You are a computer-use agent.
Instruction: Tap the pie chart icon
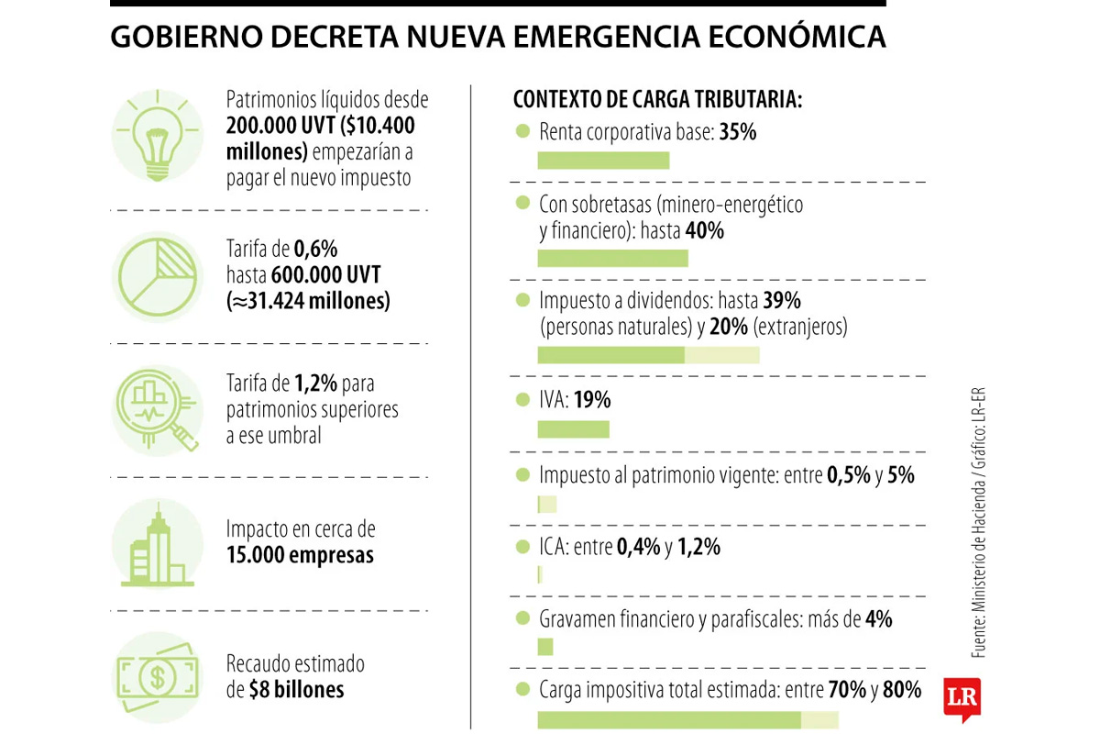tap(157, 276)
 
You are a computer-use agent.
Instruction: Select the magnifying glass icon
tap(158, 409)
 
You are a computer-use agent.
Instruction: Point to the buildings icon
tap(157, 547)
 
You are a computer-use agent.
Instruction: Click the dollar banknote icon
tap(157, 677)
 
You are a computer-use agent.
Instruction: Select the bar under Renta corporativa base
tap(603, 161)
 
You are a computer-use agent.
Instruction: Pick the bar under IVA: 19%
tap(573, 429)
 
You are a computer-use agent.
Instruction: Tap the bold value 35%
tap(738, 132)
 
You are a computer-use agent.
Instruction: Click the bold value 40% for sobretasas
tap(705, 231)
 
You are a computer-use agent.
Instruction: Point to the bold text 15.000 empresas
tap(300, 556)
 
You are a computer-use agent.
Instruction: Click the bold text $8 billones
tap(296, 690)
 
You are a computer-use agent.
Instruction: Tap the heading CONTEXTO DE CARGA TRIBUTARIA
tap(657, 99)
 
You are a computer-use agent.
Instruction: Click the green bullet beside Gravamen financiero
tap(522, 618)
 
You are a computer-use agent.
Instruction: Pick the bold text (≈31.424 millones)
tap(308, 301)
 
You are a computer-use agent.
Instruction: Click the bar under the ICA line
tap(540, 574)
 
